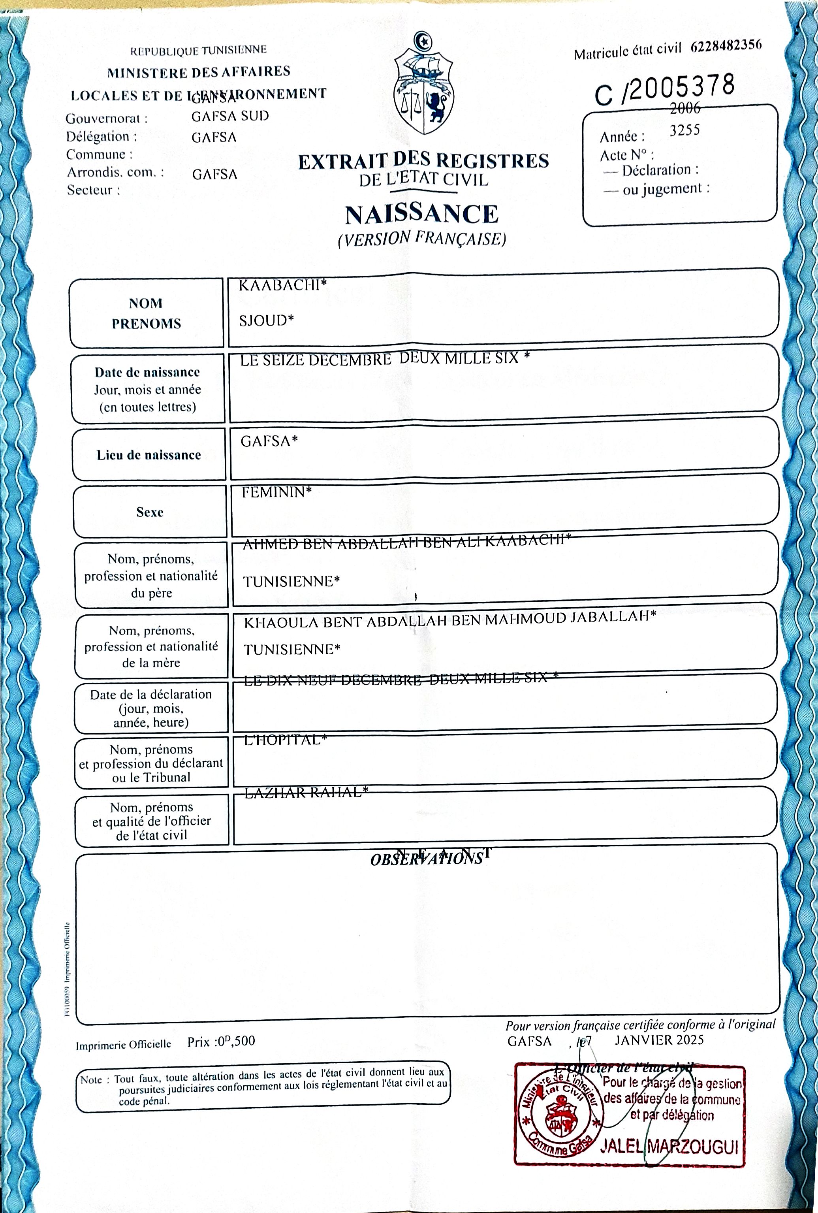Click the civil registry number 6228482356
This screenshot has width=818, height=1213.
pos(726,46)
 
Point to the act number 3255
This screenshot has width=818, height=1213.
pos(684,130)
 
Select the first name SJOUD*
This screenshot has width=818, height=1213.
pos(266,320)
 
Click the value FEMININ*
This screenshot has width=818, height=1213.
pos(276,492)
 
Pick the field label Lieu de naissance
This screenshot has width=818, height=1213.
pos(149,455)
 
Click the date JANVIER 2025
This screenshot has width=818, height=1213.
pos(659,1040)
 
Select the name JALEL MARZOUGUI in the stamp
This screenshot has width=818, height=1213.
pos(669,1146)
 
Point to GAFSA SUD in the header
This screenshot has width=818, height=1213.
pos(230,116)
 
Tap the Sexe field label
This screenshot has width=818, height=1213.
pos(150,512)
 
